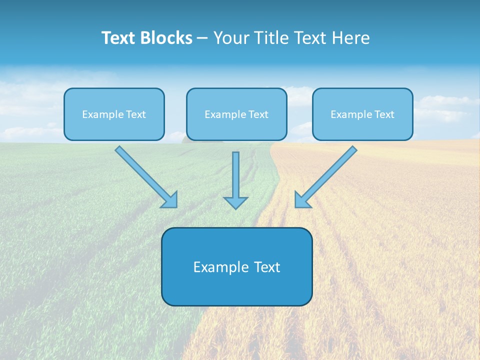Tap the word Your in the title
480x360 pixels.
[231, 38]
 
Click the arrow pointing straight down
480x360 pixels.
[235, 177]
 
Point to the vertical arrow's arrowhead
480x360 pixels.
[235, 202]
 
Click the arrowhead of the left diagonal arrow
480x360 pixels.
[170, 200]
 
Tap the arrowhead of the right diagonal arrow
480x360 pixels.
[301, 200]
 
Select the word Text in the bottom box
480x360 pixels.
[267, 267]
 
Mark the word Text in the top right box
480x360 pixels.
[384, 114]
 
